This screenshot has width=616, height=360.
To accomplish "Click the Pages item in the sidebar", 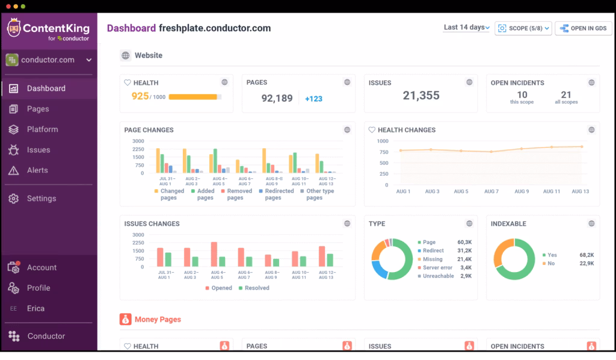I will click(37, 109).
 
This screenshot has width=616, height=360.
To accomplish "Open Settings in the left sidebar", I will click(41, 199).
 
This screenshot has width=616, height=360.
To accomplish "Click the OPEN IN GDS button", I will click(583, 28).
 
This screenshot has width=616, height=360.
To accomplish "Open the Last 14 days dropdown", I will click(466, 28).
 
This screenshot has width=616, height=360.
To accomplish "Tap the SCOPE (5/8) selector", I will click(523, 28).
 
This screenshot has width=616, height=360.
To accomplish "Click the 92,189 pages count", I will click(277, 98).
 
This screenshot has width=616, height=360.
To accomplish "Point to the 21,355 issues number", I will click(421, 95).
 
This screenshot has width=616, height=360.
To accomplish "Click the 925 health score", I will click(140, 96).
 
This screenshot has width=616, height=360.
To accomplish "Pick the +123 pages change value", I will click(313, 99).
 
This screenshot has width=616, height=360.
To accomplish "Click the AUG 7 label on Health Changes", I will click(491, 191).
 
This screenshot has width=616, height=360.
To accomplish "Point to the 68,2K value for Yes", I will click(587, 255).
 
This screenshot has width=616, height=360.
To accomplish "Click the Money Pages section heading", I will click(157, 320).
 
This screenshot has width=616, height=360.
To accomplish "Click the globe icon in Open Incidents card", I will click(591, 82).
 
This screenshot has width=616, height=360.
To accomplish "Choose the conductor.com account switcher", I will click(48, 60).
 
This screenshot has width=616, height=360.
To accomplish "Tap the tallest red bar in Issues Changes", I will click(214, 254).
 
